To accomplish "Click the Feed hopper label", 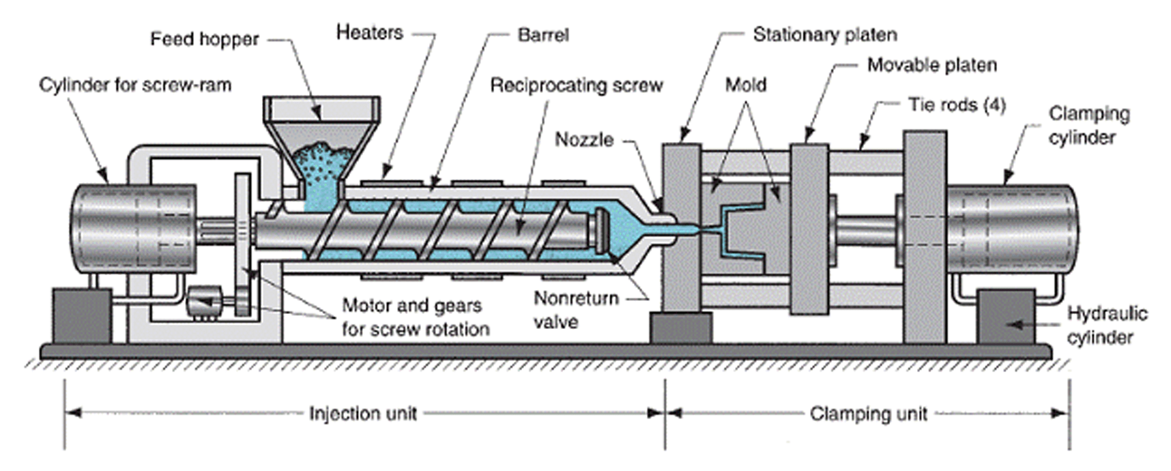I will (x=204, y=40).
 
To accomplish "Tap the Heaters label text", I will (x=369, y=33).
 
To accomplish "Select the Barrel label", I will (x=543, y=35).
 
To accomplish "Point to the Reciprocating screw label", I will (x=577, y=86).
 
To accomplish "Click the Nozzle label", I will (x=584, y=140).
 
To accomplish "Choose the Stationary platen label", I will (x=824, y=35).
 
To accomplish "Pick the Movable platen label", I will (x=931, y=66).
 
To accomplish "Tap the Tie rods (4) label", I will (x=957, y=105).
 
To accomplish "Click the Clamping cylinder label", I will (x=1089, y=126).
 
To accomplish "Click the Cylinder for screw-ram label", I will (x=135, y=85).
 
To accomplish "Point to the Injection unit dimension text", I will (x=362, y=414).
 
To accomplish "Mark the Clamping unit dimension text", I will (x=868, y=414).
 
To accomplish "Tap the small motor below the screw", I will (x=205, y=300).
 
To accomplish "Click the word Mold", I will (x=745, y=85).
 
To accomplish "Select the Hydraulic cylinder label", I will (x=1106, y=326).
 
